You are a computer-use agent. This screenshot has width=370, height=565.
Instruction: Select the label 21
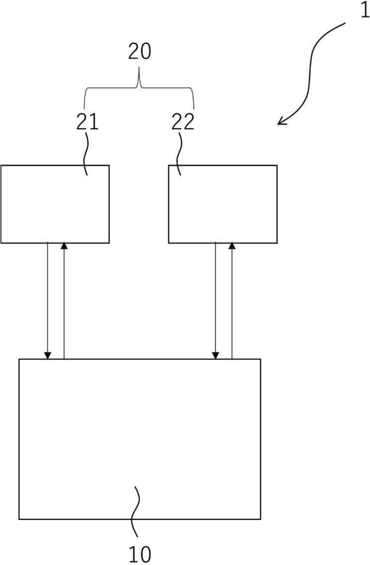click(87, 122)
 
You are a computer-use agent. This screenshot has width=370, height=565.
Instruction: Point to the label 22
click(183, 122)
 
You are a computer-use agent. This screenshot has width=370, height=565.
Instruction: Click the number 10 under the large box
click(140, 554)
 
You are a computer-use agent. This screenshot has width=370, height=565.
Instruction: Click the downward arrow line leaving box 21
click(48, 301)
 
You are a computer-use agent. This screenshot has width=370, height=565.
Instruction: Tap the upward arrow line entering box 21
click(64, 301)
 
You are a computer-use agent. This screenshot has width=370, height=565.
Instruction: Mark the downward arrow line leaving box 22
click(216, 301)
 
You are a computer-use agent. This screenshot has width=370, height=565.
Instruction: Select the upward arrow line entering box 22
click(232, 301)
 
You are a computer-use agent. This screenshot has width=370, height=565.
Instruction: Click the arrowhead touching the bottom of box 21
click(64, 246)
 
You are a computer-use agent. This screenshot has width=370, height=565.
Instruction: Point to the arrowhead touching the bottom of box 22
click(232, 246)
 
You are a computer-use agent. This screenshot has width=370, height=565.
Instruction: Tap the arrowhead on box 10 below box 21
click(48, 355)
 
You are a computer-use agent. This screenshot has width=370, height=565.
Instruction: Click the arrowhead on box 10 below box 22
click(216, 355)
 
